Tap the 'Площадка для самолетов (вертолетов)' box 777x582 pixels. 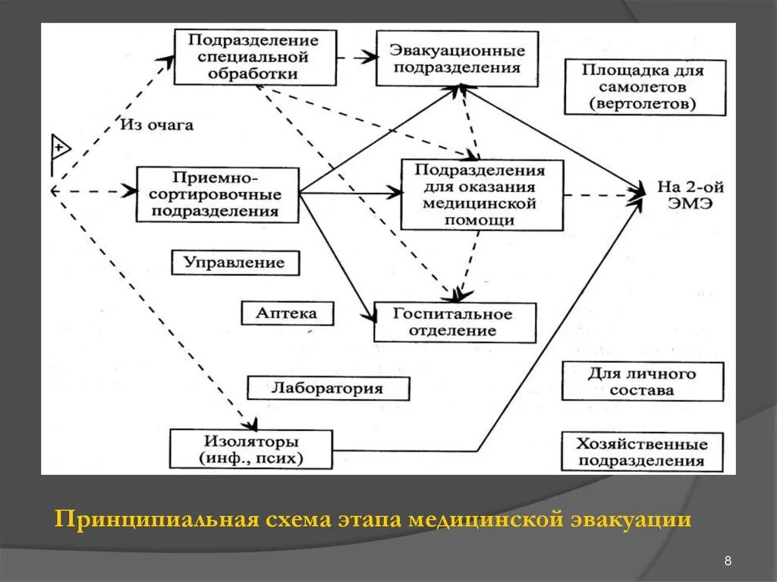point(644,87)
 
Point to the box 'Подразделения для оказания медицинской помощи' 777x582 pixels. point(481,195)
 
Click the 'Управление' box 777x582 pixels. point(234,263)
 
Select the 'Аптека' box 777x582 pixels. point(287,313)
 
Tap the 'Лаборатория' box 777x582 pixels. point(327,389)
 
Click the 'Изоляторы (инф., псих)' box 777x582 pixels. point(250,449)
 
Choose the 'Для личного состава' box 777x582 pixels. point(642,382)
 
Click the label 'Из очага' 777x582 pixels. point(156,125)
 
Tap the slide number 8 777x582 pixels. point(728,561)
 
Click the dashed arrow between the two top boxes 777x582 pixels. point(357,56)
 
